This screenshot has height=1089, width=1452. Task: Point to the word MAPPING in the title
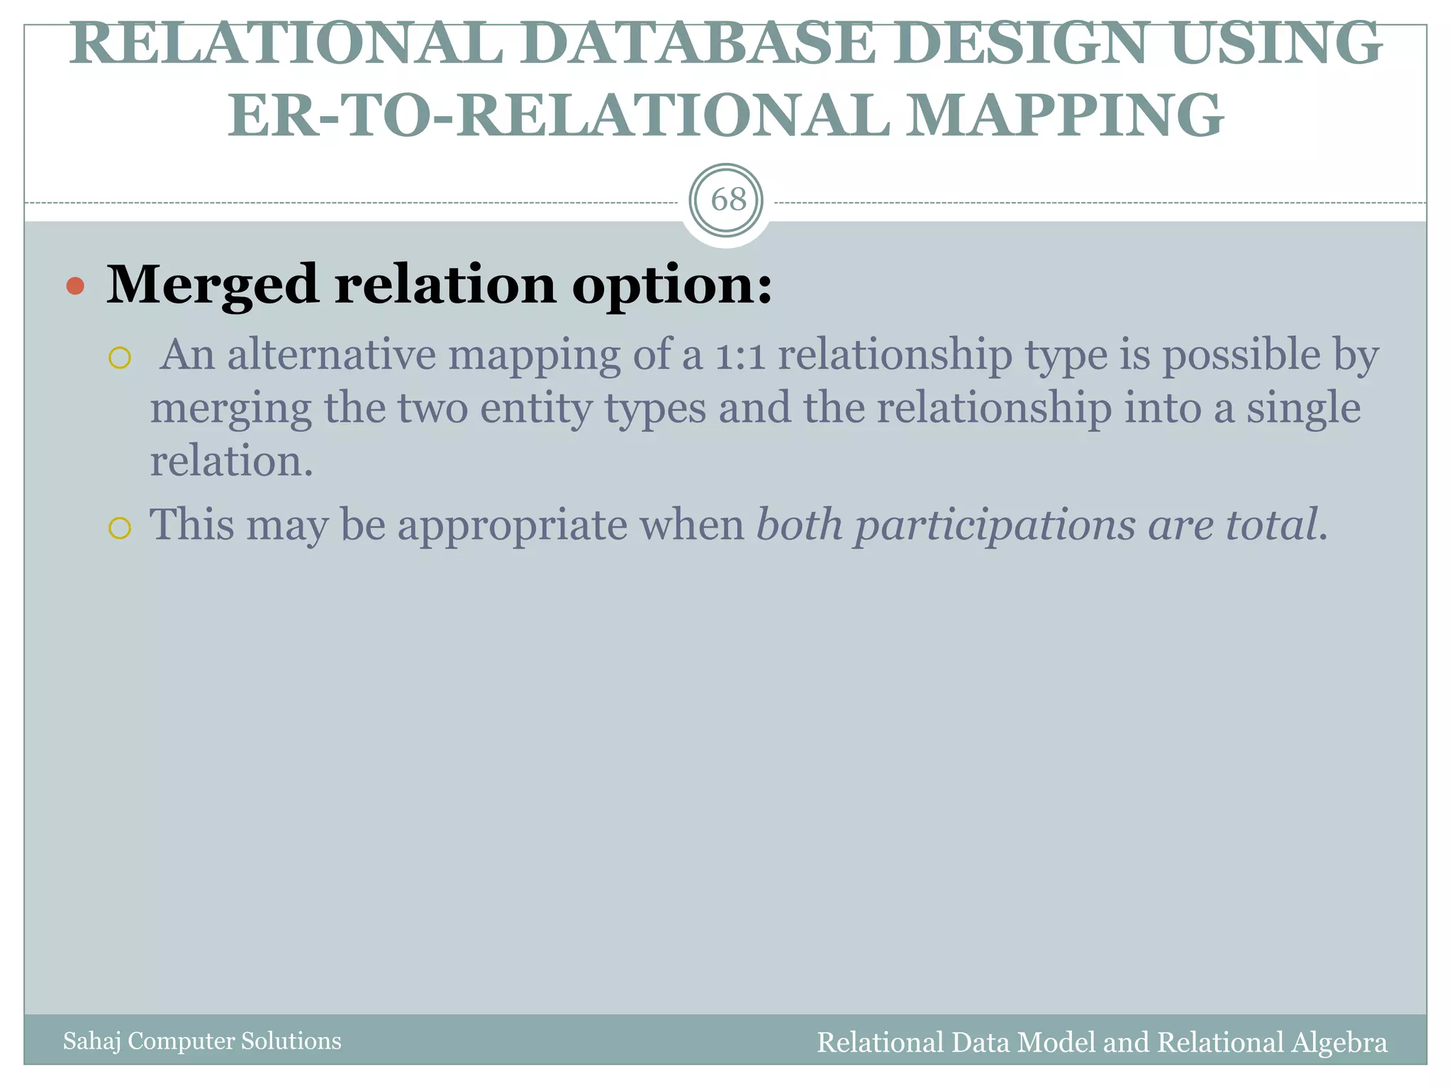coord(1063,116)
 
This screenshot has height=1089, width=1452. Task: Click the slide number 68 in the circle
coord(728,201)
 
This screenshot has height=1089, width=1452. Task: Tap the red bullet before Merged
coord(75,286)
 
